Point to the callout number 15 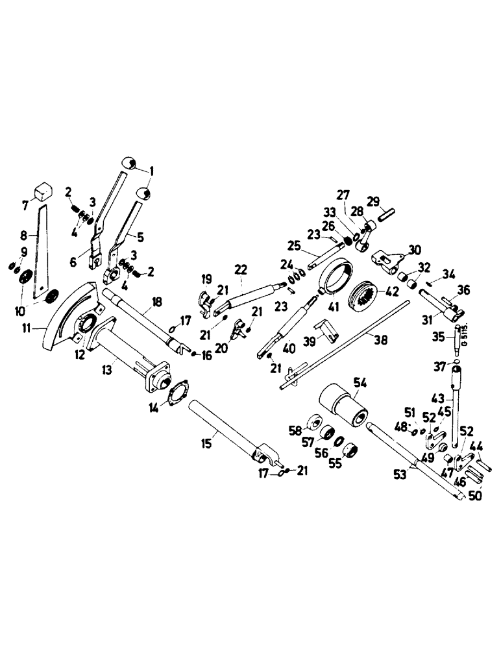coord(206,444)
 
